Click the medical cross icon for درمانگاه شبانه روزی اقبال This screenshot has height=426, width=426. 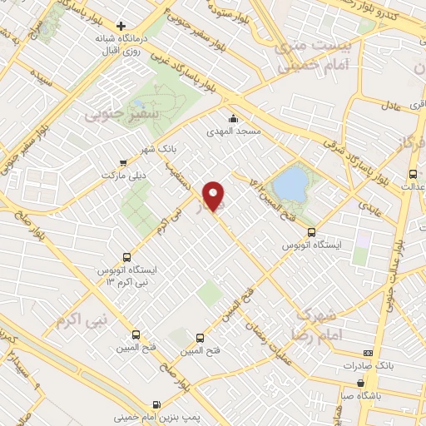[x=121, y=26]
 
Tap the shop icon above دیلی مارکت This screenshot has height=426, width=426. [x=123, y=163]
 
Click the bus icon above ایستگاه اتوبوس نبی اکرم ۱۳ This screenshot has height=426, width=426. [x=126, y=257]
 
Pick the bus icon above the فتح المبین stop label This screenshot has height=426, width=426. [x=199, y=338]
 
